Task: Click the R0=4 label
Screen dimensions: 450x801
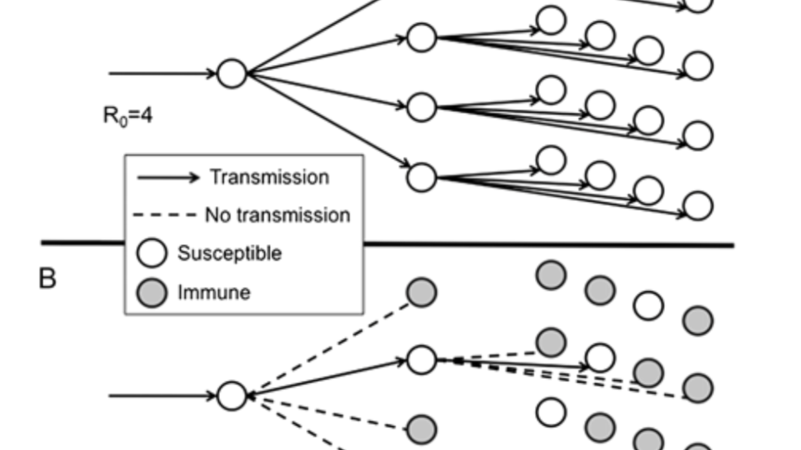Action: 128,116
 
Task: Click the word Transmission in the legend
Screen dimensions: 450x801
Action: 269,177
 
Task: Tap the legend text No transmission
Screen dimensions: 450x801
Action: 278,215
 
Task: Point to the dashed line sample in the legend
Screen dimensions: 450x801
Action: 167,216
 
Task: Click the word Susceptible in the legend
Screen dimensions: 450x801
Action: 230,253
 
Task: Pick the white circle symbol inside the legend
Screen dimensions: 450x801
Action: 152,253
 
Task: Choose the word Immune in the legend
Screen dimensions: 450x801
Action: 214,292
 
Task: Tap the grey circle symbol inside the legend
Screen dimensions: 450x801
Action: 152,292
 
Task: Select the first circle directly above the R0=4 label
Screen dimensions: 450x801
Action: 232,74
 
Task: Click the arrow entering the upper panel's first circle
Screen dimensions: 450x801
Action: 162,74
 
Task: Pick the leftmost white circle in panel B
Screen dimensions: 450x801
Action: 232,396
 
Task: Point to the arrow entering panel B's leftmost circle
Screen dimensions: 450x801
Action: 162,396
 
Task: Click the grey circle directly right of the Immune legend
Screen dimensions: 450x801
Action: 422,292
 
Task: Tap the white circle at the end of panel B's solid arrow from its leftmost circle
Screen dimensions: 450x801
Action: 422,360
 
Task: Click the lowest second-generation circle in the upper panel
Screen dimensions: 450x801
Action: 422,176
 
